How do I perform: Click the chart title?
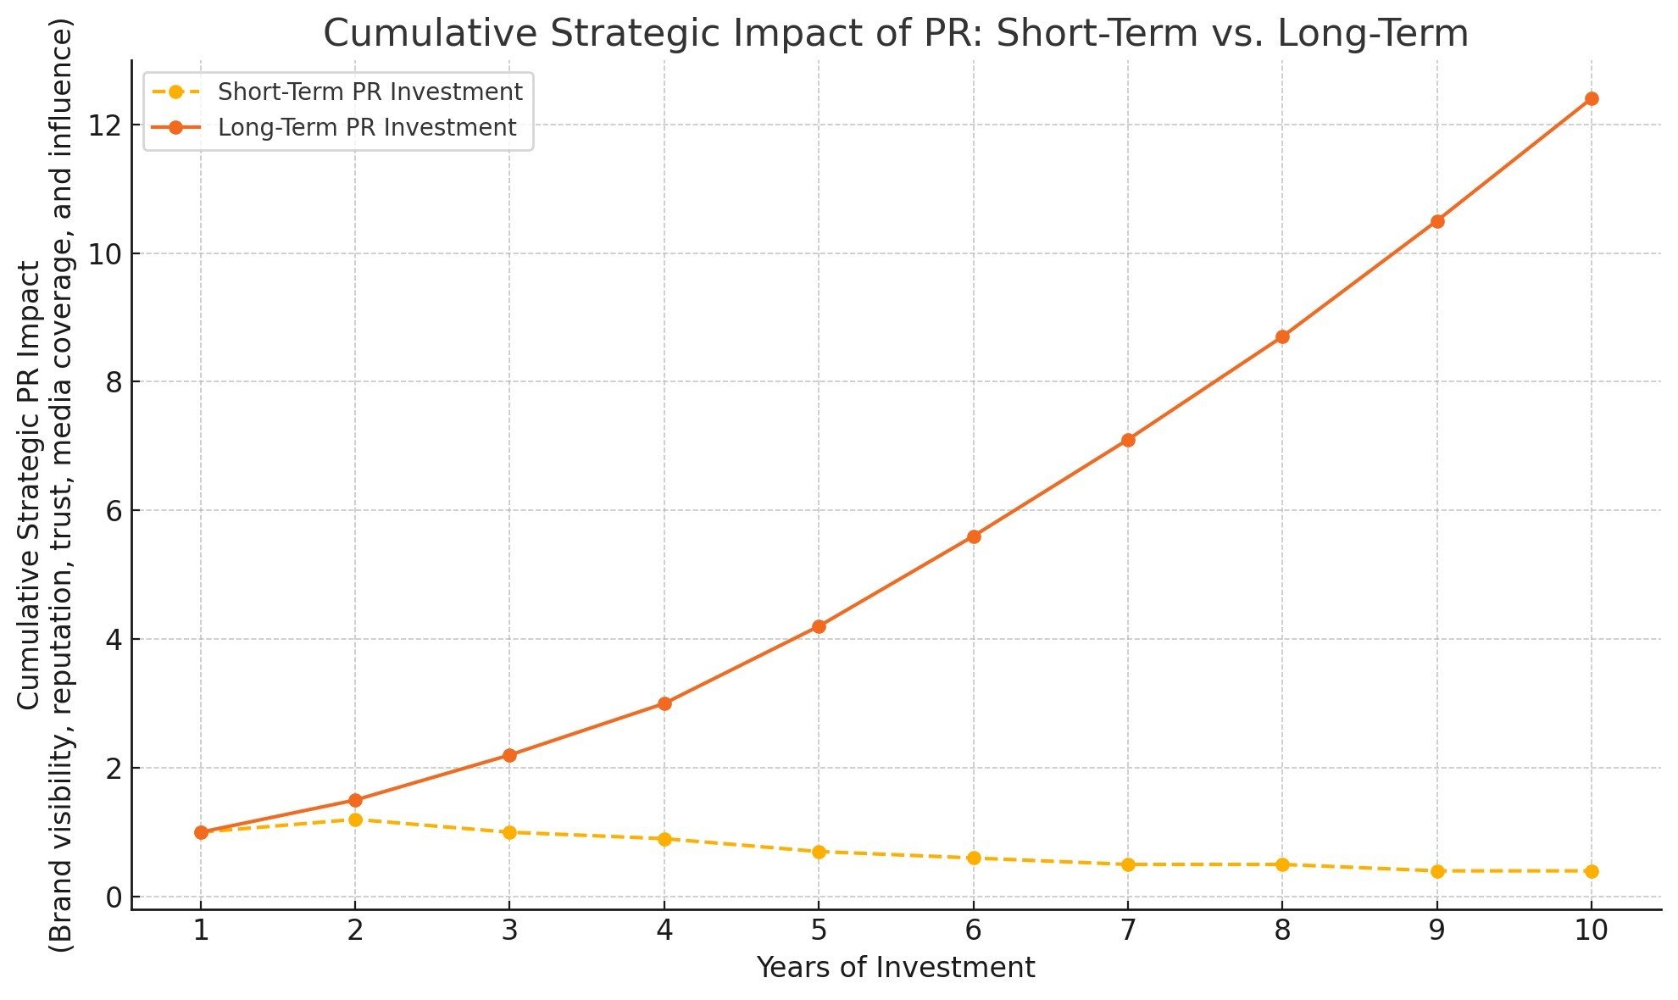coord(896,34)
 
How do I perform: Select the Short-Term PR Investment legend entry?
coord(369,92)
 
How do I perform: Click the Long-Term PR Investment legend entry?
coord(366,127)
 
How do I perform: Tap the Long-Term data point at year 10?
coord(1592,98)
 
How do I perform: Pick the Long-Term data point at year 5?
coord(819,626)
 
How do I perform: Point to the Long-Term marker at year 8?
coord(1282,336)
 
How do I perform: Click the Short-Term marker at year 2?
coord(355,819)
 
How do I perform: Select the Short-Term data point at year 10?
coord(1592,871)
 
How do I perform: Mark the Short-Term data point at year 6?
coord(974,858)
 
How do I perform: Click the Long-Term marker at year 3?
coord(509,755)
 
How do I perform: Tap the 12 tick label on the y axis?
coord(103,125)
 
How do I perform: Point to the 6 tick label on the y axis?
coord(112,511)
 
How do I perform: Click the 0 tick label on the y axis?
coord(112,897)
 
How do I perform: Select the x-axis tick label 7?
coord(1128,931)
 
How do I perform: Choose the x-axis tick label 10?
coord(1592,931)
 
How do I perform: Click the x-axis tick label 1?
coord(201,931)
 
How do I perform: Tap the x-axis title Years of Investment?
coord(896,968)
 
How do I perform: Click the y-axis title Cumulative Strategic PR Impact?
coord(29,485)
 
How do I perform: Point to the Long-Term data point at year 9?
coord(1437,221)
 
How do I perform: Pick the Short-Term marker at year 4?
coord(664,839)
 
